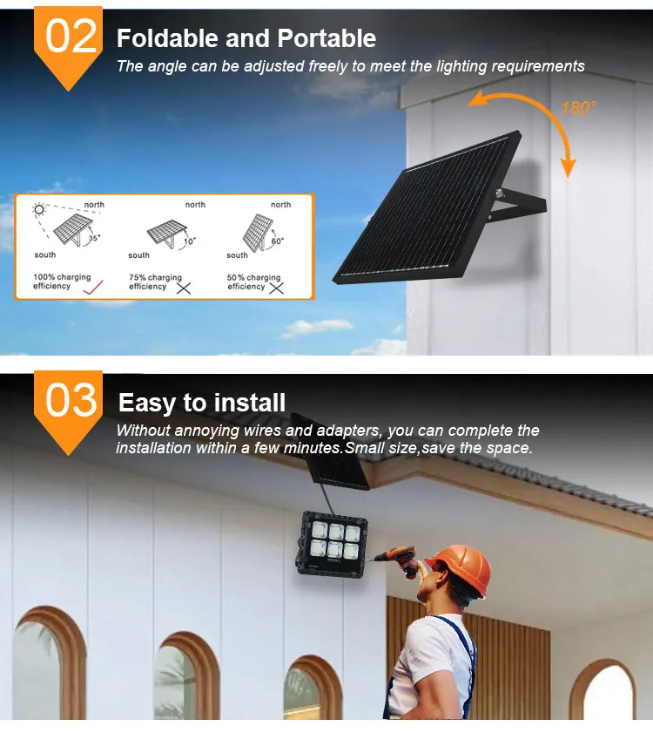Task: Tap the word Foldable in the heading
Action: (x=167, y=37)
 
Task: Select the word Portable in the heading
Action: (x=326, y=37)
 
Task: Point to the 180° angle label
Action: (x=579, y=108)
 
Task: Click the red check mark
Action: (x=93, y=287)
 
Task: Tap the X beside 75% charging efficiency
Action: (x=184, y=288)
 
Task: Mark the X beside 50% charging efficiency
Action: (x=277, y=288)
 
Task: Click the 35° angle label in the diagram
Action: (x=94, y=238)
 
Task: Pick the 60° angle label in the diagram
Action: (x=278, y=241)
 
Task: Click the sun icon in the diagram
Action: (x=39, y=209)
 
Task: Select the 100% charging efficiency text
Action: (x=62, y=282)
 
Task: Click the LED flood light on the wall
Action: (x=332, y=543)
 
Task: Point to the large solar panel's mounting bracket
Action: (x=517, y=206)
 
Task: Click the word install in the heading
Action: (x=249, y=403)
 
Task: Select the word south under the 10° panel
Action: (x=138, y=255)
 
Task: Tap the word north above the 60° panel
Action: (x=280, y=205)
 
